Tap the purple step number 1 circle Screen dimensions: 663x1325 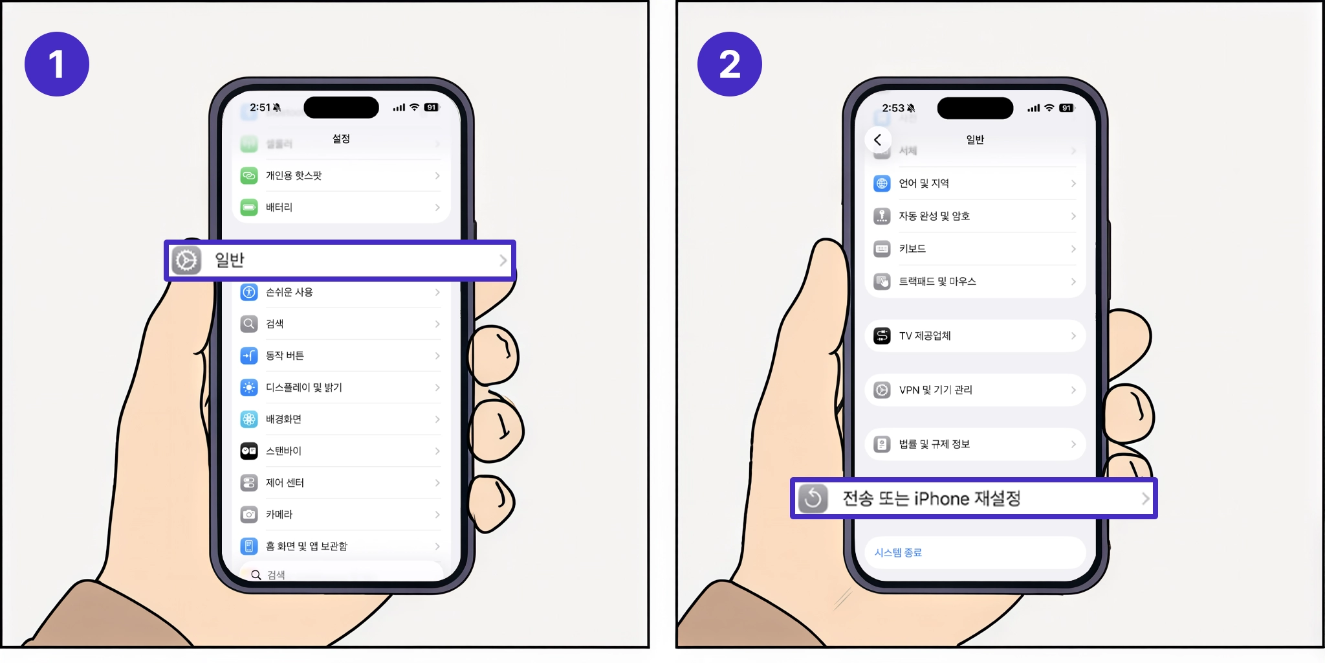[57, 64]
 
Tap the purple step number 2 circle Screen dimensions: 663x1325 [729, 64]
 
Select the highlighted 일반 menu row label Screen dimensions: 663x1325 [230, 260]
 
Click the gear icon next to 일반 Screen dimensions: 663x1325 [186, 260]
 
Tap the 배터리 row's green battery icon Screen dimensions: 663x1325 [249, 207]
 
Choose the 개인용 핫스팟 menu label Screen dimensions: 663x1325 [294, 175]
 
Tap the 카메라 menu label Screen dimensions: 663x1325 [279, 514]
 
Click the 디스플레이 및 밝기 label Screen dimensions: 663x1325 [303, 387]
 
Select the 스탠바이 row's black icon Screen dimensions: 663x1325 [249, 451]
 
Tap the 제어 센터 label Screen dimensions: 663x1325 [285, 482]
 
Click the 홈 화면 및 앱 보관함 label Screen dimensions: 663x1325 [306, 546]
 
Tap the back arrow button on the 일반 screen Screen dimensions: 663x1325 [877, 139]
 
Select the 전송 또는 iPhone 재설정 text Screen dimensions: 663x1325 [931, 499]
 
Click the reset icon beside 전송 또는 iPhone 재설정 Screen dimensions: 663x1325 [813, 499]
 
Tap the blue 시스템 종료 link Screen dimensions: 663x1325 [898, 552]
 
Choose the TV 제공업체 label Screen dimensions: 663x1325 [925, 335]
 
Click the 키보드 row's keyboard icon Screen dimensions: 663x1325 [882, 249]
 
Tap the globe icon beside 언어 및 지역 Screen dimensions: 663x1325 [882, 183]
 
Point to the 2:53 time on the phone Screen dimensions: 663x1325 [893, 108]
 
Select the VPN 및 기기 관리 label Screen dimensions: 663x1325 [935, 390]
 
